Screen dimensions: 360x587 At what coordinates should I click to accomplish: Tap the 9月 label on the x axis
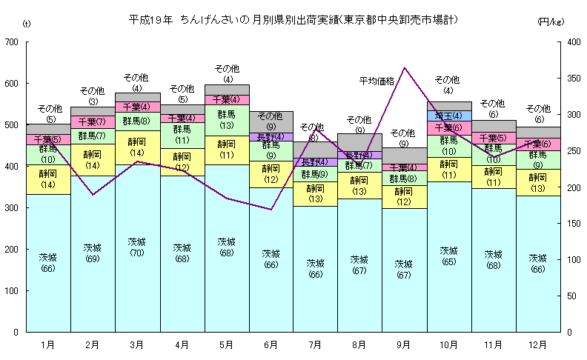[404, 344]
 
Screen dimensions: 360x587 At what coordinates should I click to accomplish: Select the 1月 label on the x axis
[48, 344]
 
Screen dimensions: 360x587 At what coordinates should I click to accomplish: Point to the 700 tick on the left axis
[11, 42]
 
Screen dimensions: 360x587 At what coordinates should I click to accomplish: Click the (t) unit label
[27, 24]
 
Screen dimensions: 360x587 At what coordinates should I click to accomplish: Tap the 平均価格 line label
[377, 80]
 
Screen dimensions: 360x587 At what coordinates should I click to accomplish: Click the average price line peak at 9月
[404, 68]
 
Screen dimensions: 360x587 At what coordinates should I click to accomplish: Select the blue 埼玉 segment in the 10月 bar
[448, 116]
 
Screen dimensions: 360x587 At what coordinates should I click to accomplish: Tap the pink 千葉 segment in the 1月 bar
[48, 139]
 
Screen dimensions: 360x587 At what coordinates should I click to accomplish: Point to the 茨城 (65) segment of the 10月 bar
[448, 256]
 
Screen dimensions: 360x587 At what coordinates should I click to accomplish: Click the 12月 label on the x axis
[537, 344]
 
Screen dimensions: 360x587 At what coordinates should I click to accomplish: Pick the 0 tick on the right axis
[565, 332]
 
